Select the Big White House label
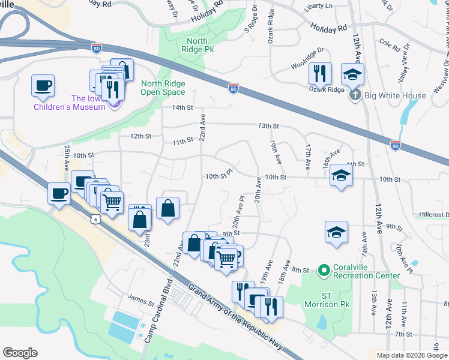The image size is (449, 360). pyautogui.click(x=394, y=95)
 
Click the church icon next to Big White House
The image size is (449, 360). pyautogui.click(x=355, y=95)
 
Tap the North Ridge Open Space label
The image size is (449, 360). pyautogui.click(x=163, y=88)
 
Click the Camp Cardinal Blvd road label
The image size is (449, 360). pyautogui.click(x=157, y=310)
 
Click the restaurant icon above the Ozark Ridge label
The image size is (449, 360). pyautogui.click(x=320, y=74)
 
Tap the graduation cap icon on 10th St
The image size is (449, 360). pyautogui.click(x=341, y=175)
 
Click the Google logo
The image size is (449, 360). pyautogui.click(x=20, y=353)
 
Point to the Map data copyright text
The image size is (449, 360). pyautogui.click(x=411, y=355)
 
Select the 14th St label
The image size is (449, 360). pyautogui.click(x=182, y=108)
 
